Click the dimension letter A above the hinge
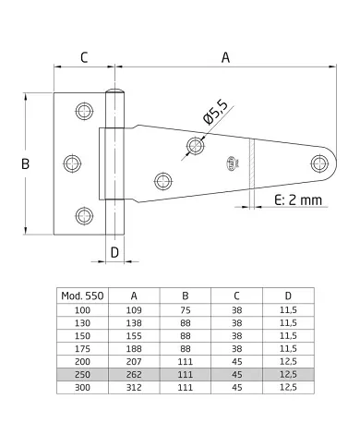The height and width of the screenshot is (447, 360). coord(225,57)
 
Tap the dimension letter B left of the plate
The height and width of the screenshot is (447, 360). coord(25,163)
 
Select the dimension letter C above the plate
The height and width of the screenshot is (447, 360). coord(84,57)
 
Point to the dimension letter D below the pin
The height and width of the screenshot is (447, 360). coord(114,253)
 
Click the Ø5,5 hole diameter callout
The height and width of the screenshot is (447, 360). coord(215,112)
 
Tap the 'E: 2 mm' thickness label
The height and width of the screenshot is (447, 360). coord(298,200)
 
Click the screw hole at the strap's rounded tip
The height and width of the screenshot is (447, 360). coord(319,163)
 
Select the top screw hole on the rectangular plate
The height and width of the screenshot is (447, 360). coord(84,111)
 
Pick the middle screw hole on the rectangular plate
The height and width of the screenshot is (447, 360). coord(72,163)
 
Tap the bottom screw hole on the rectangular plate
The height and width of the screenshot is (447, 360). coord(84,215)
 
